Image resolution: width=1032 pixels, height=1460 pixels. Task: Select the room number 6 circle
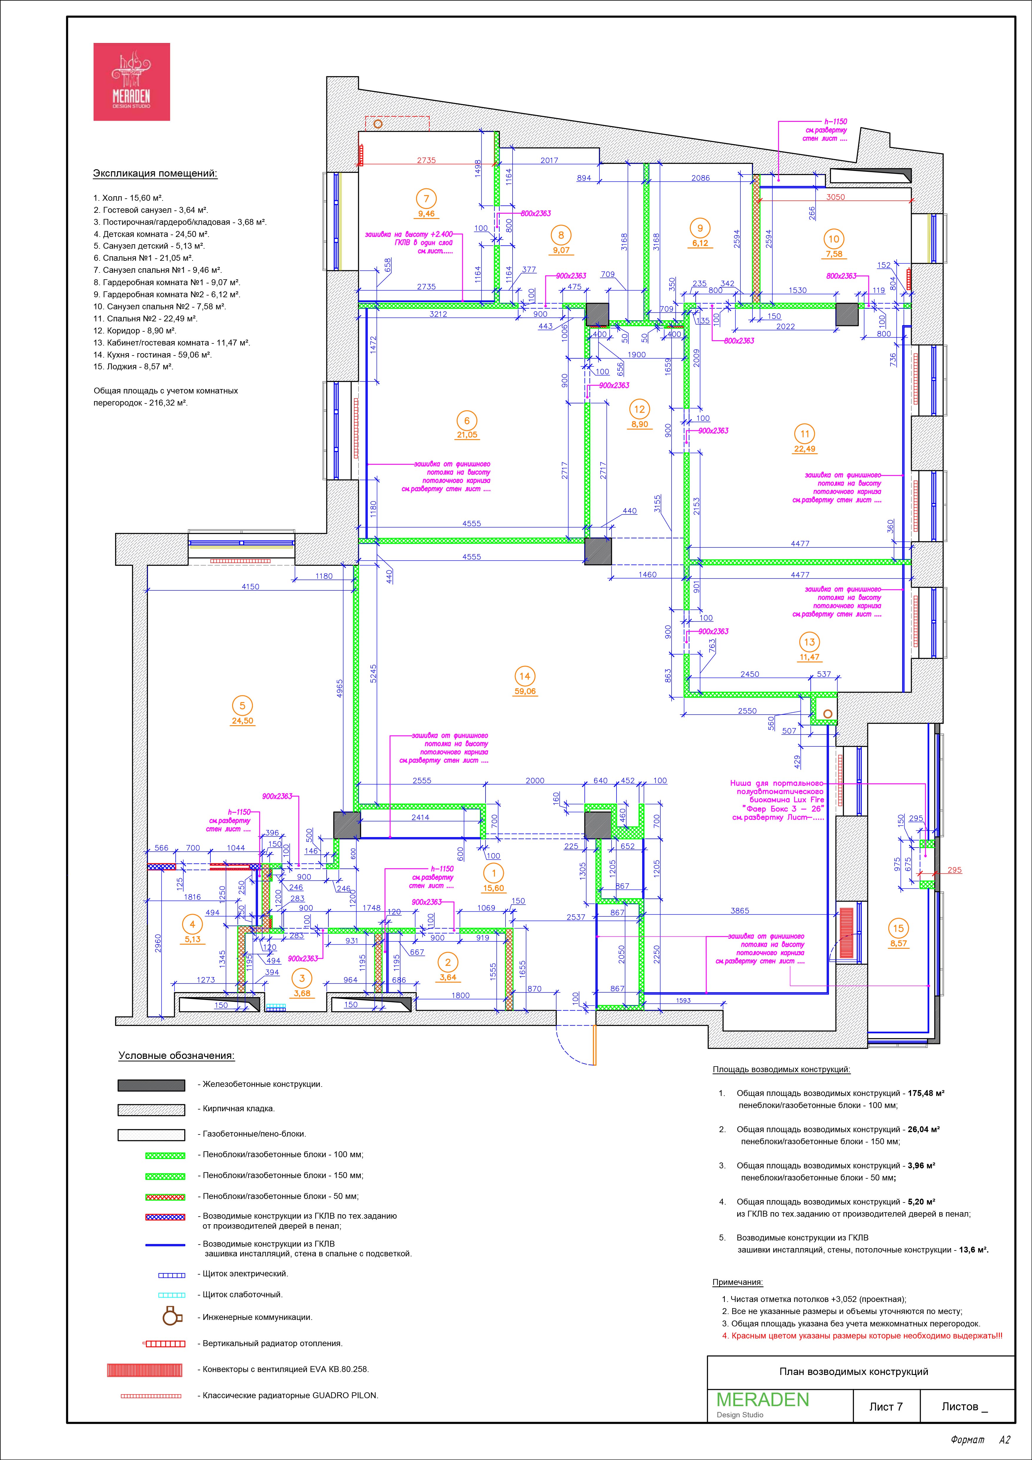coord(467,421)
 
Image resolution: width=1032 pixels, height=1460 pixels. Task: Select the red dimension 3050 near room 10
coord(835,197)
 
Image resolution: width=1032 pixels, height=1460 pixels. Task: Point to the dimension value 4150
coord(250,587)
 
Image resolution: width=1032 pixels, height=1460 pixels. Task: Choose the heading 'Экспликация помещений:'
coord(155,174)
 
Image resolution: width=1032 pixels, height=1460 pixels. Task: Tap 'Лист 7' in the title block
coord(886,1407)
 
